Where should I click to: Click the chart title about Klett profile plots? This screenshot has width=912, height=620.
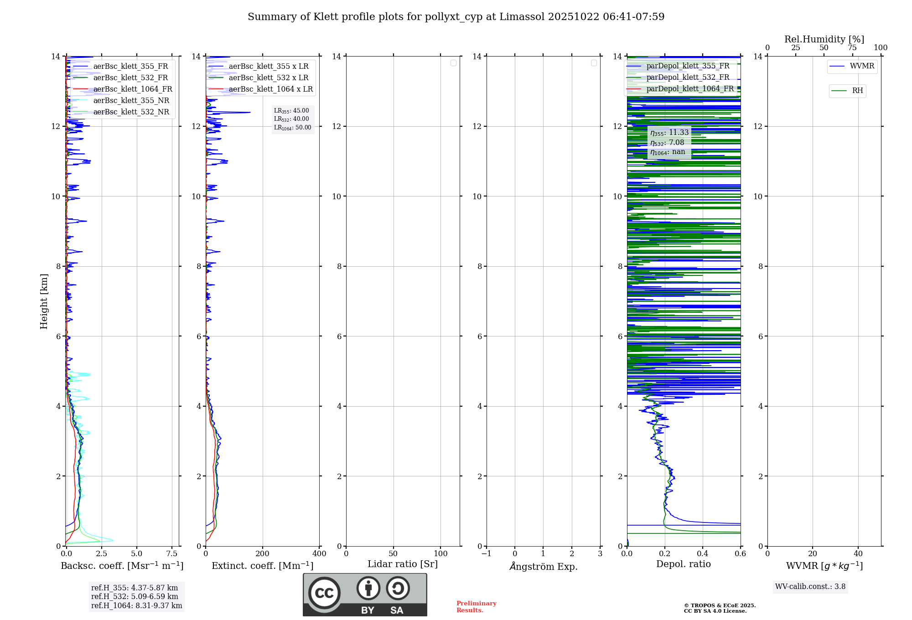tap(456, 17)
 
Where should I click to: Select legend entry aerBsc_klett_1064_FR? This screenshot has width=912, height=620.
tap(133, 89)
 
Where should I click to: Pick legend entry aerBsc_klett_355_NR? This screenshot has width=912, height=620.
tap(131, 101)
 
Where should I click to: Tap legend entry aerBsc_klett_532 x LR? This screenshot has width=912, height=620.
tap(269, 78)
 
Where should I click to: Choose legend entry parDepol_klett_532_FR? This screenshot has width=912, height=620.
tap(688, 77)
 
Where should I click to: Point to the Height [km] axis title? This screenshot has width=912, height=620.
tap(44, 301)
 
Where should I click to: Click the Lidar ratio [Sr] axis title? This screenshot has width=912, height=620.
tap(403, 564)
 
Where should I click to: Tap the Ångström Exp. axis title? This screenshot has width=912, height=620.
tap(544, 567)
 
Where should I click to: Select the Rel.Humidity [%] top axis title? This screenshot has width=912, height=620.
tap(824, 39)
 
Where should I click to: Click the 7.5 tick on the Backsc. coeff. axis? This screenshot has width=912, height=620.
tap(172, 554)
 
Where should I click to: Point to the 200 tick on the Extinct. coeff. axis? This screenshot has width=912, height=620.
tap(263, 554)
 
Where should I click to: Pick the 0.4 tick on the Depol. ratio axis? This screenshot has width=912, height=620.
tap(703, 554)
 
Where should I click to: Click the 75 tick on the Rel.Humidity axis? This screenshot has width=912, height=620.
tap(852, 48)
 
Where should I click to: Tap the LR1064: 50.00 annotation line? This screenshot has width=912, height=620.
tap(293, 128)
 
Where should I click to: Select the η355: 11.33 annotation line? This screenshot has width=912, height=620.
tap(669, 133)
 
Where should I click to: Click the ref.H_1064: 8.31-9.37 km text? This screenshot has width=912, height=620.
tap(136, 606)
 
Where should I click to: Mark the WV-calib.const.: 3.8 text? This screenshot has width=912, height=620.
tap(810, 587)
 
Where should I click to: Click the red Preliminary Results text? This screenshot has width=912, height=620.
tap(476, 607)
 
